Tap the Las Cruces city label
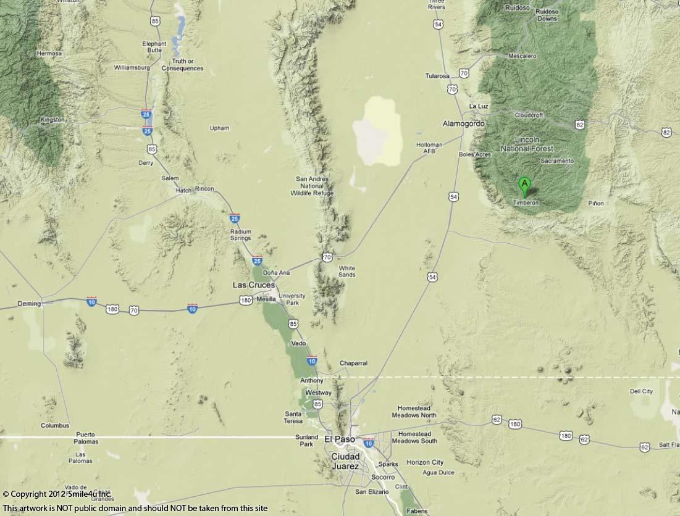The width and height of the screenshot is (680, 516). click(x=253, y=285)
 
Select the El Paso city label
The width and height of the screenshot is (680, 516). click(x=340, y=439)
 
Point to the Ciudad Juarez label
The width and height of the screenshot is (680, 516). click(x=345, y=461)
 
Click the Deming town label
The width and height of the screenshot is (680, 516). click(x=29, y=304)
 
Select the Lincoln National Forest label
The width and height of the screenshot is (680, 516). click(x=527, y=144)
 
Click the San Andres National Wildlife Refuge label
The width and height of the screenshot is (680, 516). click(x=312, y=186)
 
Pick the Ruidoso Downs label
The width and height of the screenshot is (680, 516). click(x=547, y=15)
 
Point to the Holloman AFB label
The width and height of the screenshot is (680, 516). click(x=429, y=148)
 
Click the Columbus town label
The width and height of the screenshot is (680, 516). click(x=55, y=425)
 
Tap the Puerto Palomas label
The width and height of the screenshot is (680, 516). click(x=86, y=438)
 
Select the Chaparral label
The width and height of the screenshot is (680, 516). click(x=353, y=364)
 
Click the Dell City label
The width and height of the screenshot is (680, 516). click(x=641, y=391)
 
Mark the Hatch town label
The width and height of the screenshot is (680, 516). click(x=183, y=191)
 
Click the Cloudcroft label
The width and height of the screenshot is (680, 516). click(x=529, y=115)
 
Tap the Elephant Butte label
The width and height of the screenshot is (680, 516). click(x=154, y=47)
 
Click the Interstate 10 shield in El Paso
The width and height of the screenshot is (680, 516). click(x=369, y=443)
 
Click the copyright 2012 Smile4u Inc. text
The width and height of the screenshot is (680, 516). click(x=57, y=494)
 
